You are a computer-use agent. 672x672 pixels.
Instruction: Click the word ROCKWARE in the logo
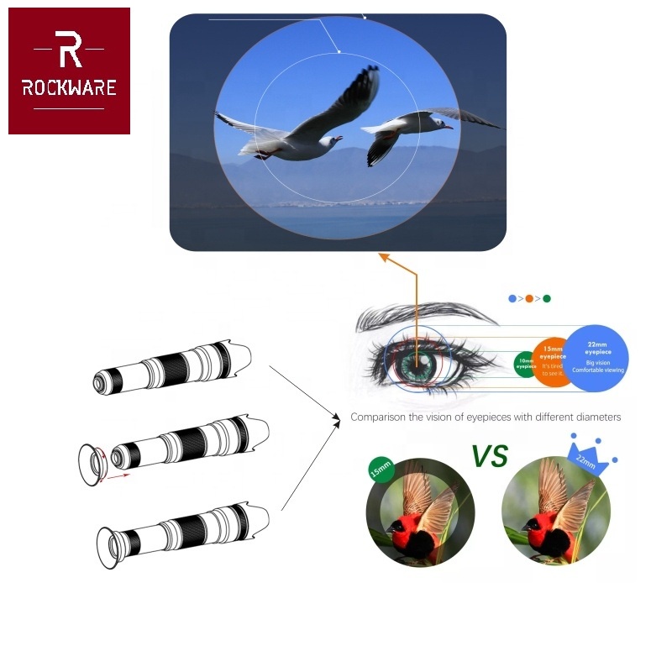tap(69, 87)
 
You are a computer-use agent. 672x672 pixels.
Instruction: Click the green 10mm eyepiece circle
tap(525, 363)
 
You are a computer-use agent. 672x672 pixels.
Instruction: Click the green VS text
tap(489, 456)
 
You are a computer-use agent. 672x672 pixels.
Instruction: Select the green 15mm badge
tap(381, 471)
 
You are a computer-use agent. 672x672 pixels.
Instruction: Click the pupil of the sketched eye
tap(416, 364)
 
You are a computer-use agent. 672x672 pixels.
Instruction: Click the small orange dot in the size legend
tap(529, 298)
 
